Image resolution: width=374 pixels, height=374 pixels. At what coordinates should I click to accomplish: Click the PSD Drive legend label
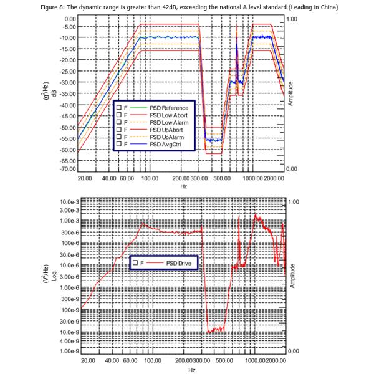click(x=181, y=264)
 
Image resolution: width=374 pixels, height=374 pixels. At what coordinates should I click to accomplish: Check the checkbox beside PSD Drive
click(x=135, y=264)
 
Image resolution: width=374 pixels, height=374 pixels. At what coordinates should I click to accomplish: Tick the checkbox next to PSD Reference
click(x=118, y=108)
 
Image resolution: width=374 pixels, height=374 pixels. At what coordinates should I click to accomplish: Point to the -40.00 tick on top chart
click(x=67, y=105)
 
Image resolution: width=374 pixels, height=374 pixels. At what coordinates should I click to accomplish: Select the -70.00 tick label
click(x=67, y=168)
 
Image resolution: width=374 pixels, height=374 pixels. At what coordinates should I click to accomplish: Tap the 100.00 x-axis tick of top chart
click(x=150, y=178)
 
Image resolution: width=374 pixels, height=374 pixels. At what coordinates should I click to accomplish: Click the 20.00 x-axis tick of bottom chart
click(x=87, y=360)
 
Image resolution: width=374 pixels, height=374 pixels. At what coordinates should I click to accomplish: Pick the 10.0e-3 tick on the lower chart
click(x=66, y=203)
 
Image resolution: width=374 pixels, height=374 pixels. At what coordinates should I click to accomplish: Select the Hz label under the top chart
click(x=183, y=186)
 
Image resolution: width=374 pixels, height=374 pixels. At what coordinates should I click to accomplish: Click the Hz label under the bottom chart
click(x=183, y=369)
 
